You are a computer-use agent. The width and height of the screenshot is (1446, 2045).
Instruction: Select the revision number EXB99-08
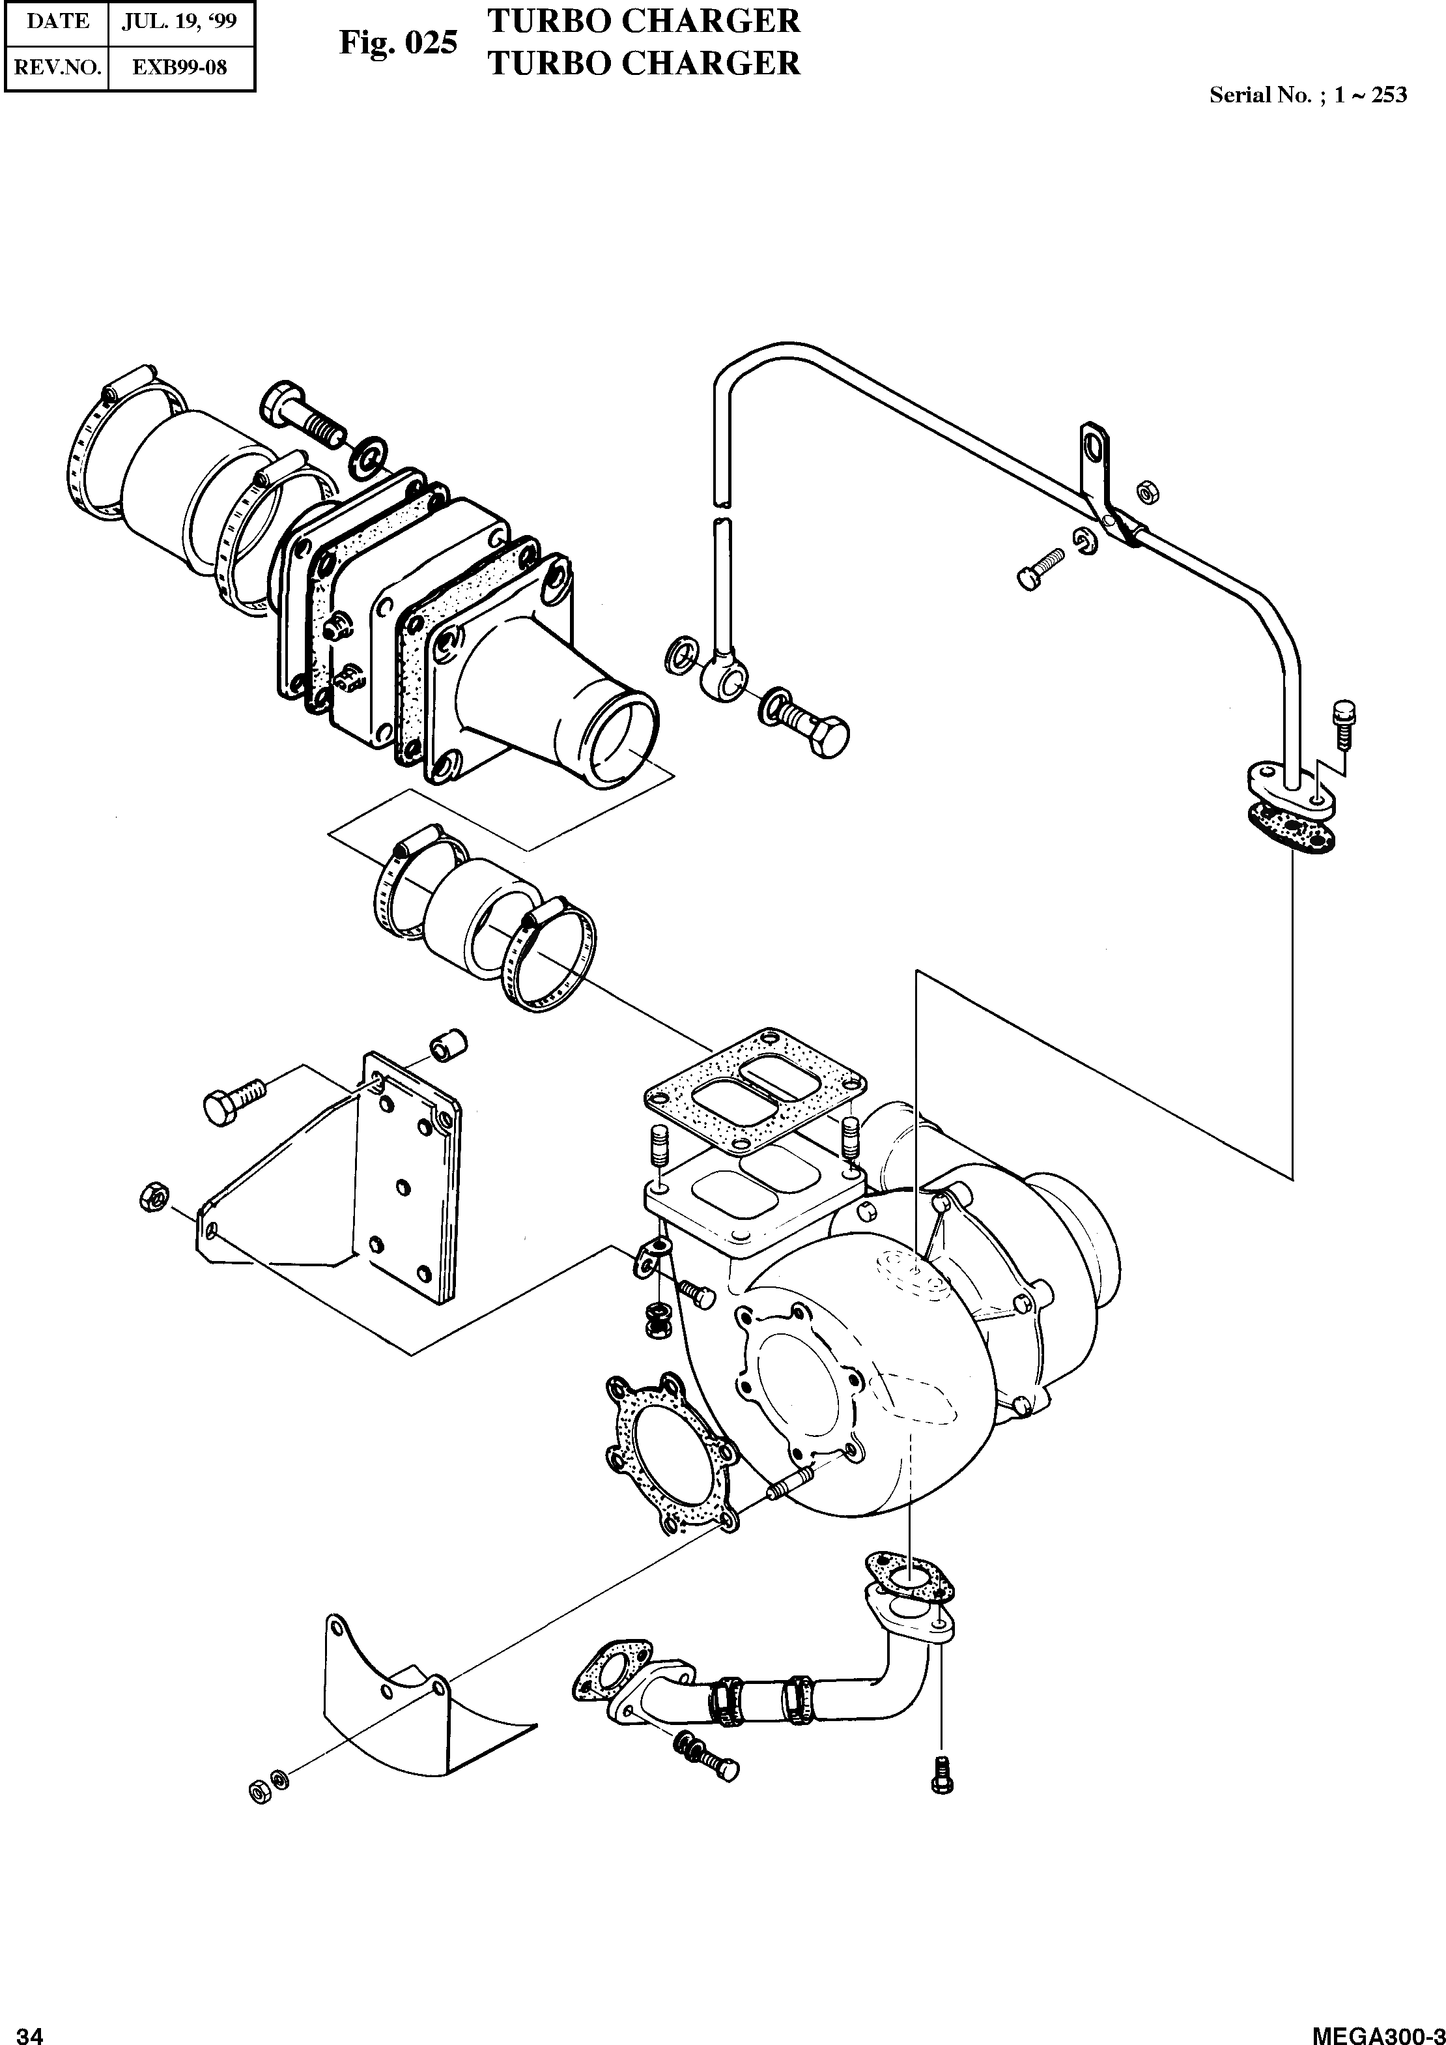click(x=181, y=67)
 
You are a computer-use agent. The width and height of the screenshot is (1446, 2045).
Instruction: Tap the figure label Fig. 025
click(x=398, y=43)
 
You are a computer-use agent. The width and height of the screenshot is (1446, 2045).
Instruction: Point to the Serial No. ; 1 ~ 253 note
click(x=1307, y=95)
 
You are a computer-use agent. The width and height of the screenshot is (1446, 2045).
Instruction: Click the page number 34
click(x=29, y=2033)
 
